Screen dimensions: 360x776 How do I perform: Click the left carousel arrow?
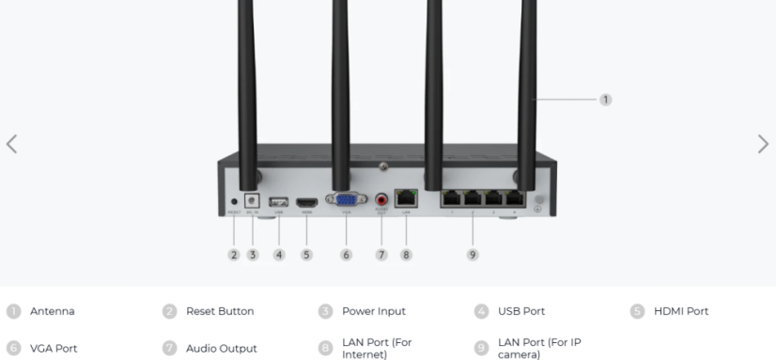click(11, 144)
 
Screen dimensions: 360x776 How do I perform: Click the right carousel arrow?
click(763, 144)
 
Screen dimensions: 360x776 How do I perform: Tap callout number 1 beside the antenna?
click(606, 100)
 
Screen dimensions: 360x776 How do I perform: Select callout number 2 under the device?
click(234, 255)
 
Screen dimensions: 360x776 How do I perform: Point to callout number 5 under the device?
click(306, 255)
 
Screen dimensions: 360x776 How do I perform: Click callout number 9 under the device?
click(473, 255)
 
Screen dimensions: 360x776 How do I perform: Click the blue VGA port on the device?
click(345, 199)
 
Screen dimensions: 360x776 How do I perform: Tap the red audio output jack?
click(381, 199)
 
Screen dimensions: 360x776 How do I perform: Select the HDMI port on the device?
click(306, 201)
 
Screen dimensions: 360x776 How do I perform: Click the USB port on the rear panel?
click(278, 201)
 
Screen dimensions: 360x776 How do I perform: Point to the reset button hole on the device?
click(234, 201)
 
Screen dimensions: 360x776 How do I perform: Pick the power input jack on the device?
click(252, 199)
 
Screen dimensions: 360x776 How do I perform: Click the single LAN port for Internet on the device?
click(407, 198)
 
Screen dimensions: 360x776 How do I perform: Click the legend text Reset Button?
click(220, 311)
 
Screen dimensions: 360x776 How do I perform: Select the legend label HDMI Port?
click(681, 311)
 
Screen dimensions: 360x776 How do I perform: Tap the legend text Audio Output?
click(221, 349)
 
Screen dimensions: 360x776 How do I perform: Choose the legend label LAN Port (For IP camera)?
click(538, 348)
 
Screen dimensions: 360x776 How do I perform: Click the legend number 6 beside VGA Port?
click(13, 348)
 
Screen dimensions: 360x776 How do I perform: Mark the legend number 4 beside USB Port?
click(481, 311)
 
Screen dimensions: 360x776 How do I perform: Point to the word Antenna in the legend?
click(52, 311)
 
